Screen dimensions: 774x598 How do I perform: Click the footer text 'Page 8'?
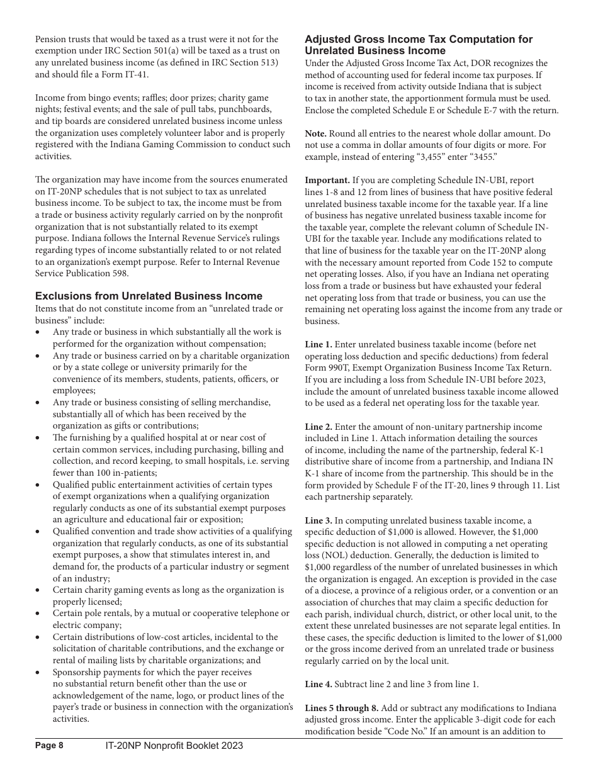click(49, 746)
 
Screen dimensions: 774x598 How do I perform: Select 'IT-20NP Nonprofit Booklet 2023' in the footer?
click(174, 746)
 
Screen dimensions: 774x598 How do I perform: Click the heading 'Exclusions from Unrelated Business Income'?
click(149, 296)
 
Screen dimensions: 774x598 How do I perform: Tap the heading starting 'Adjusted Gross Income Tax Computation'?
click(419, 45)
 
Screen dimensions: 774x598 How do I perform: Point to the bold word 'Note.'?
click(316, 134)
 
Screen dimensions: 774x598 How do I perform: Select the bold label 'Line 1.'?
click(319, 344)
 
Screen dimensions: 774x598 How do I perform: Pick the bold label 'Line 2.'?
click(319, 427)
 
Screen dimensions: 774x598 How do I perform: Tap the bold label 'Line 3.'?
click(319, 520)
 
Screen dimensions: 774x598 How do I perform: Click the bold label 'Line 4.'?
click(319, 684)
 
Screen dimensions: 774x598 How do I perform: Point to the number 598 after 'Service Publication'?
click(121, 273)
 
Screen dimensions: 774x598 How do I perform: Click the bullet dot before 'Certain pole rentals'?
click(38, 614)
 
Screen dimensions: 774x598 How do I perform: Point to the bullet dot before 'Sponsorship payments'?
click(38, 673)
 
